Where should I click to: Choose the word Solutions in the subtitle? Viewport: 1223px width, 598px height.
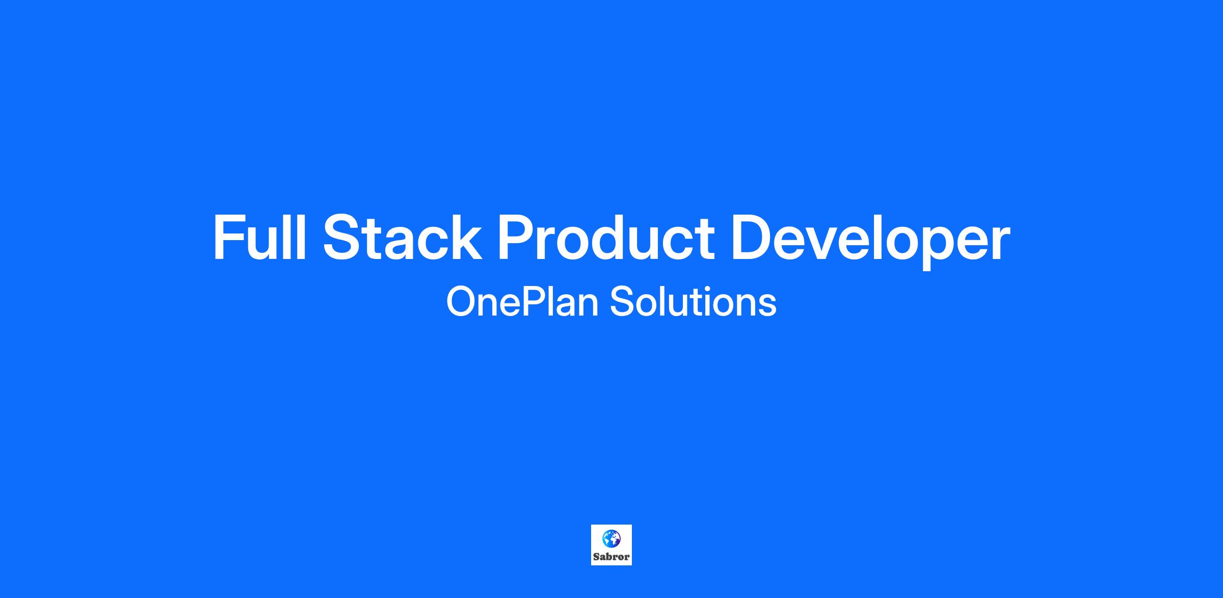tap(693, 302)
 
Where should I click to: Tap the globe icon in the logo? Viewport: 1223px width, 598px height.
tap(612, 538)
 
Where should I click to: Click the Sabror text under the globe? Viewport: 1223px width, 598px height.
tap(612, 557)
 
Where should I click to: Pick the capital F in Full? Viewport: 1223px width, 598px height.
tap(229, 237)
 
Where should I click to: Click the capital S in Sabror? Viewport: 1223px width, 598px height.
tap(596, 557)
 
